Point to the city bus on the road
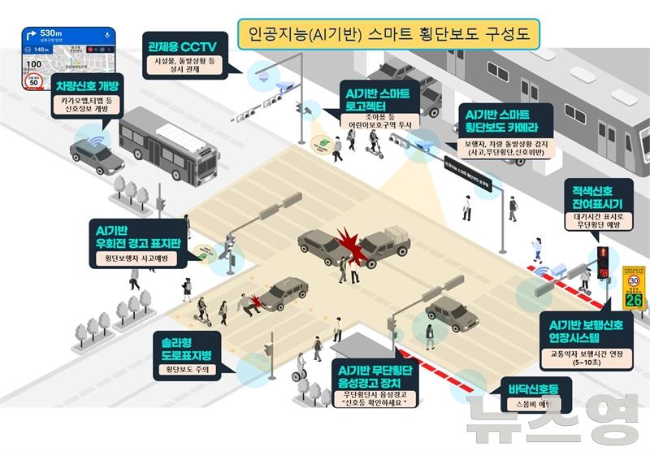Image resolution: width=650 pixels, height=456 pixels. (168, 146)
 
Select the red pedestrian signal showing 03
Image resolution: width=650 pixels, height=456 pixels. (604, 262)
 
